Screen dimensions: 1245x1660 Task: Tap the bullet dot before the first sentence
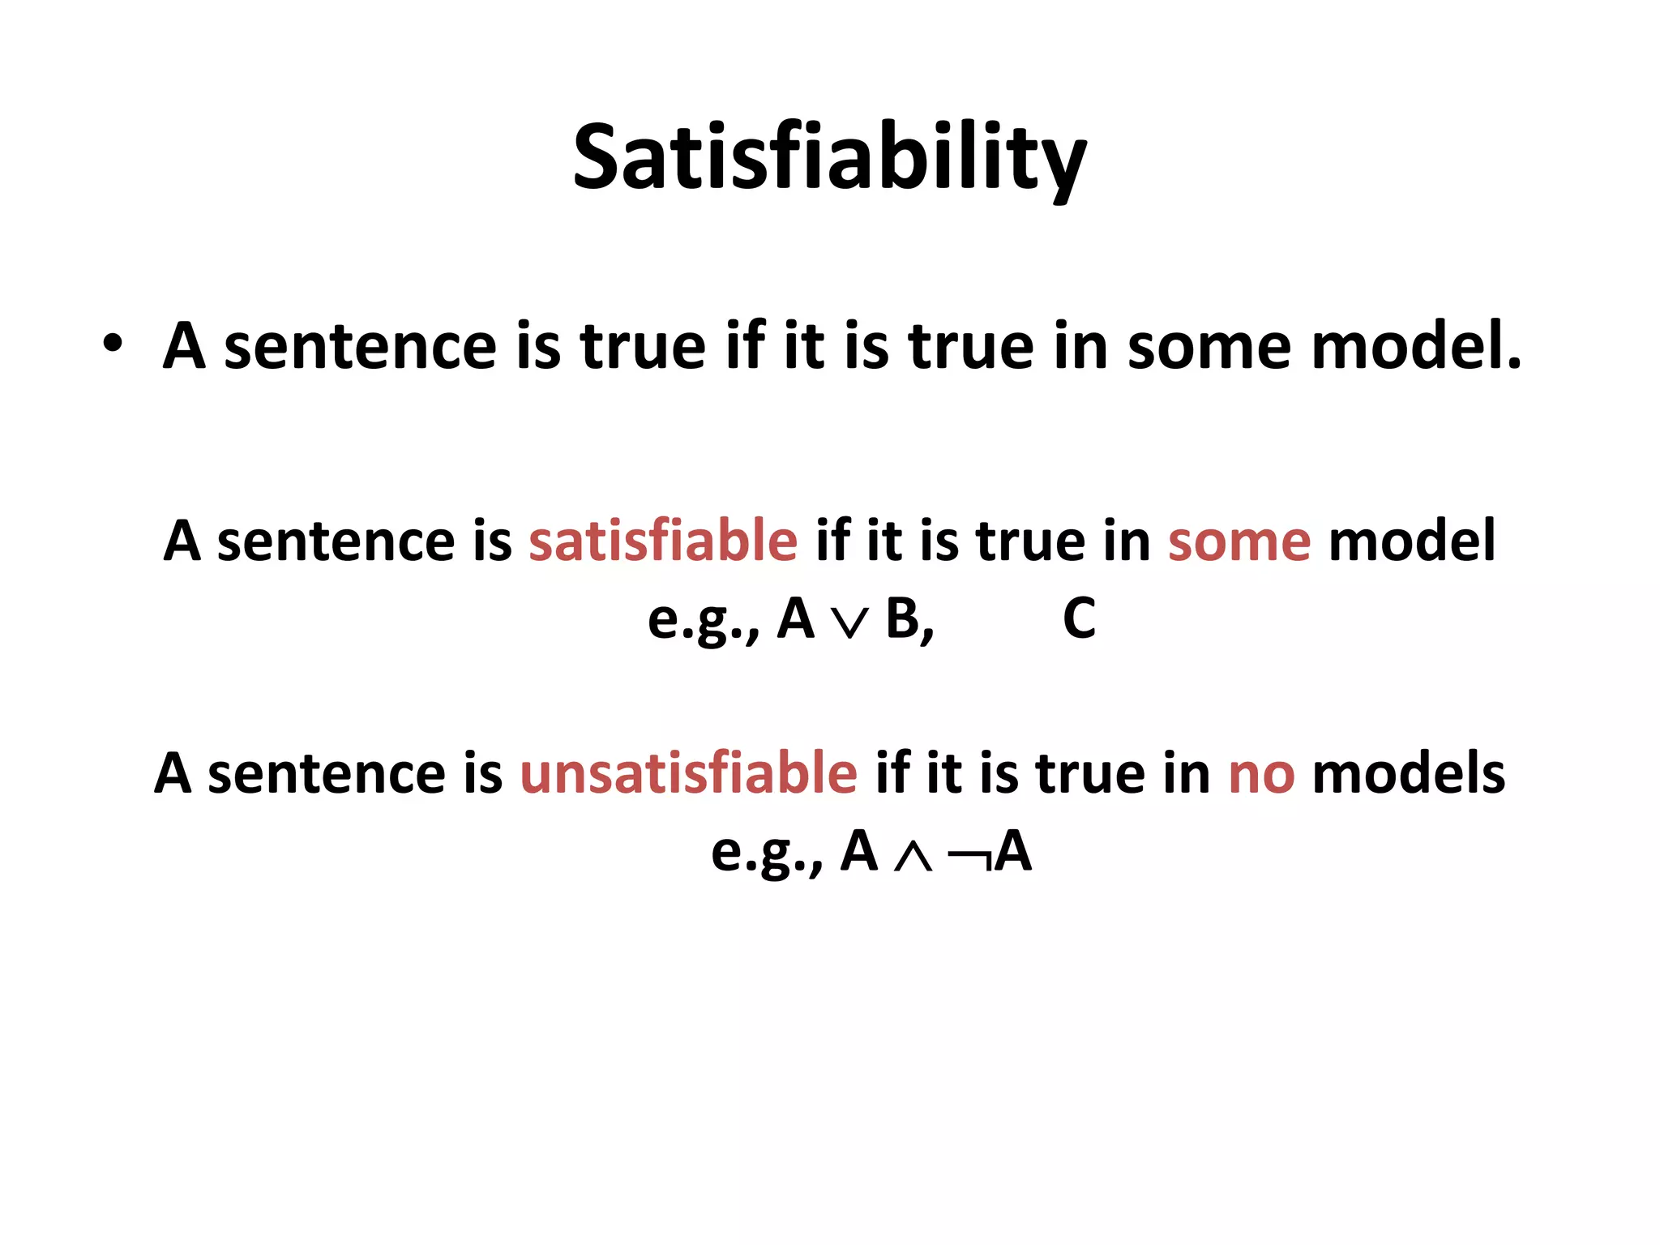pos(113,344)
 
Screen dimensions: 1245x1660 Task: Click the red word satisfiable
pos(663,541)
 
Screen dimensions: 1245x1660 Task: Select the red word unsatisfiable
pos(688,773)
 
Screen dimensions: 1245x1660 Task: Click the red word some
pos(1239,541)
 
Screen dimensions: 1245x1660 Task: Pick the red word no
pos(1261,773)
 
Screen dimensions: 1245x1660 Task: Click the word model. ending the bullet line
pos(1416,346)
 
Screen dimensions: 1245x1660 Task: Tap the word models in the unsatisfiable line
pos(1408,773)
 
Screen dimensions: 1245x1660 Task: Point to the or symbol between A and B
pos(849,622)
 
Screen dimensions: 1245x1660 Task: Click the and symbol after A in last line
pos(913,856)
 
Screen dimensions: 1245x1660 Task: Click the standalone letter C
pos(1079,619)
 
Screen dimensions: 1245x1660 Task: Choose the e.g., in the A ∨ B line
pos(703,621)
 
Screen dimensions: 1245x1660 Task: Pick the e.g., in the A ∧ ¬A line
pos(766,854)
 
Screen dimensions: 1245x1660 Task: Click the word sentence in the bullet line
pos(359,346)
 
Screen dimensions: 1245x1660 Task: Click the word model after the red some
pos(1411,541)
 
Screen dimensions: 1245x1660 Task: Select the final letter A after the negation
pos(1013,853)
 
